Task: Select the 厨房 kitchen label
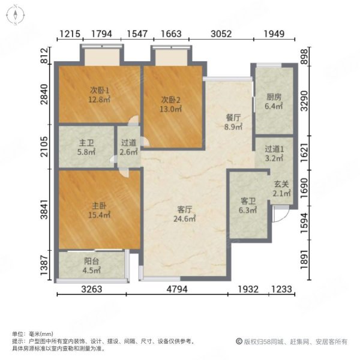[275, 96]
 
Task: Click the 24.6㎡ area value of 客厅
[185, 220]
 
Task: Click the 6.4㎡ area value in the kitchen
[275, 106]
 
